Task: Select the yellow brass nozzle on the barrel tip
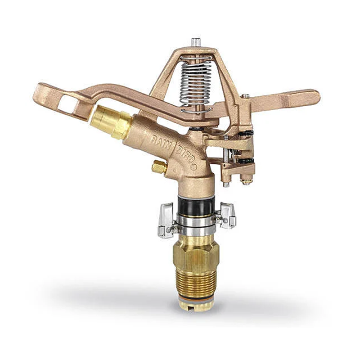click(111, 121)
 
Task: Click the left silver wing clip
click(166, 220)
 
